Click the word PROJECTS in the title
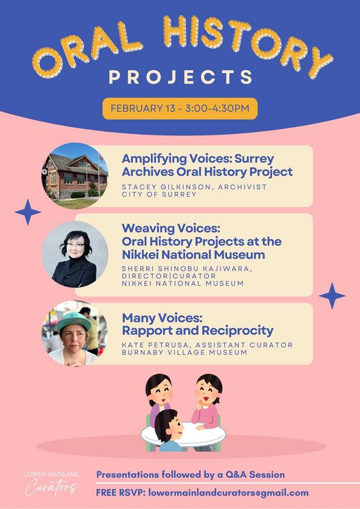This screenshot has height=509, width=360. [181, 77]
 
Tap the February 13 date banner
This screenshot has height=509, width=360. [180, 108]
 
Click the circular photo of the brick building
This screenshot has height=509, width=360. [74, 175]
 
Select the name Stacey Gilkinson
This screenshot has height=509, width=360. [167, 187]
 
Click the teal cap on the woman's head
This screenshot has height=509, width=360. [74, 321]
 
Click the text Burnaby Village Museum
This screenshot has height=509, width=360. [185, 352]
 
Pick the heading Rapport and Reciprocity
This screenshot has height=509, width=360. [197, 331]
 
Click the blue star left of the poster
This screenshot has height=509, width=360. [28, 212]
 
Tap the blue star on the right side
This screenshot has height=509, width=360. [332, 295]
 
